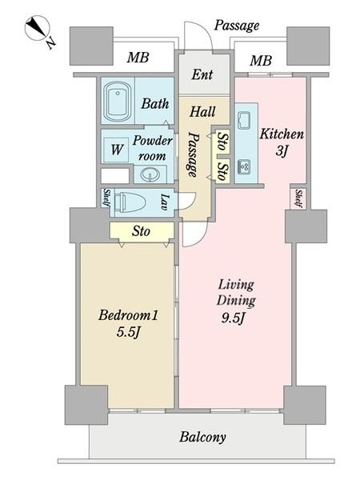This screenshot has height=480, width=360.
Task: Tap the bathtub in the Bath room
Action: point(118,101)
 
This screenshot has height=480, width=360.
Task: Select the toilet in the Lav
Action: point(130,202)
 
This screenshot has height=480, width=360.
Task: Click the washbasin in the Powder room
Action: point(150,174)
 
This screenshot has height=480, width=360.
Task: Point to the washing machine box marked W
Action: point(116,150)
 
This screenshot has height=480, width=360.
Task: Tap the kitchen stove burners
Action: point(244,167)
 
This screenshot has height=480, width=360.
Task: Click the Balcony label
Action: point(202,437)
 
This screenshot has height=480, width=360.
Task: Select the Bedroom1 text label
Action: point(128,315)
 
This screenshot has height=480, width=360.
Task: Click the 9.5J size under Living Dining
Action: point(233,318)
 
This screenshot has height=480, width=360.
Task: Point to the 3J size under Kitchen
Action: point(282,150)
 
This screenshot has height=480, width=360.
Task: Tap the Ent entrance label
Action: point(202,74)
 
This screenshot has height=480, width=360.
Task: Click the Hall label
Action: point(202,112)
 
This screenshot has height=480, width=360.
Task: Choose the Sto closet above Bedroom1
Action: point(142,231)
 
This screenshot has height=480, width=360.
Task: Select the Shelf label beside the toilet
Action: point(107,198)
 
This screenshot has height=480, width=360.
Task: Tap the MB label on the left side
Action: point(138,58)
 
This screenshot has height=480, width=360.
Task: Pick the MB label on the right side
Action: point(261,61)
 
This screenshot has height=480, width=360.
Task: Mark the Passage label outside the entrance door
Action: point(236,26)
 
